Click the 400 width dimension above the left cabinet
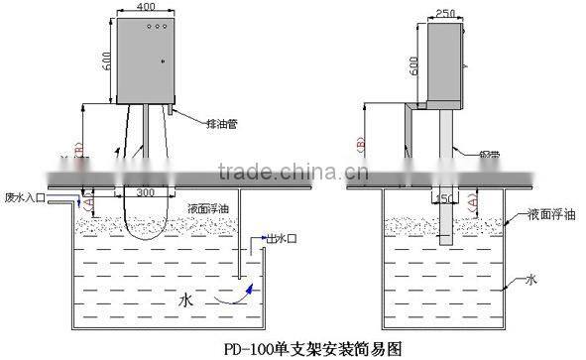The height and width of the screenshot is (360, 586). point(147,7)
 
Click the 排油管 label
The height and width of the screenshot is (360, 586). point(219,125)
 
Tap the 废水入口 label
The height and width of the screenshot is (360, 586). point(25,195)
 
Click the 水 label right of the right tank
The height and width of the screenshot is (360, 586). point(532,282)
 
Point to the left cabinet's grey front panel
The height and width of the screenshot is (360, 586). point(147,60)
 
